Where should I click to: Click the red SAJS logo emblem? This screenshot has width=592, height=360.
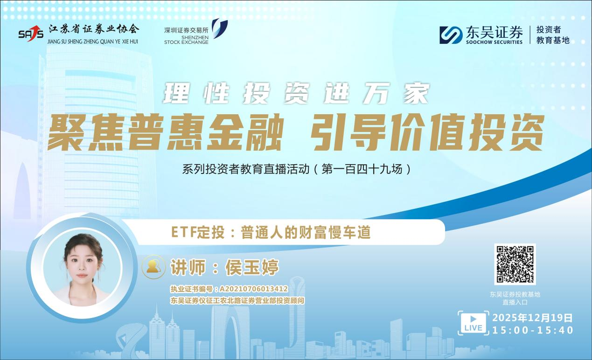coord(31,33)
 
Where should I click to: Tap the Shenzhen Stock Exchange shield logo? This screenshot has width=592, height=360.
coord(219,28)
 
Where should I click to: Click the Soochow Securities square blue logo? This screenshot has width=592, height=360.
coord(451,35)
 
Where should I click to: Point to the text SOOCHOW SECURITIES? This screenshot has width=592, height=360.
coord(494,42)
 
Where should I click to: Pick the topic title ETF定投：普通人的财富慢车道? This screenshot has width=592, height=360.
coord(271,232)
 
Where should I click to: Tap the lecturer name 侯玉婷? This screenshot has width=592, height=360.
coord(252,267)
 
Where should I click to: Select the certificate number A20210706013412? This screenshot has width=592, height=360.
coord(254,290)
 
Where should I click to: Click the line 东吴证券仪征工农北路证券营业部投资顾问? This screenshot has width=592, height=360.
coord(237,301)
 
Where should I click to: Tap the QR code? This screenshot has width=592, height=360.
coord(515,264)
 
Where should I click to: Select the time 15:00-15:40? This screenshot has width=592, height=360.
coord(533,330)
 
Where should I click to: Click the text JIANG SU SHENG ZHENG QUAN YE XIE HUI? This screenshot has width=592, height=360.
coord(93,41)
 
